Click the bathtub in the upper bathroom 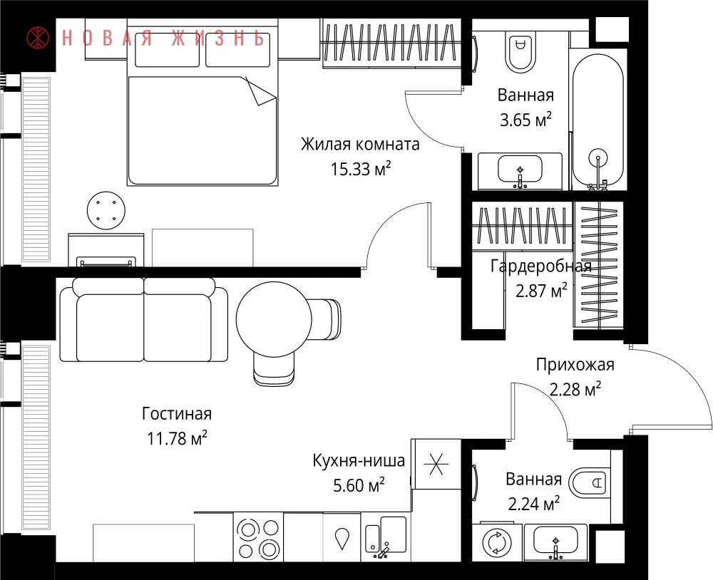click(x=597, y=122)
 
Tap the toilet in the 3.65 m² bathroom click(x=520, y=50)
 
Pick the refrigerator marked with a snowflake click(x=436, y=464)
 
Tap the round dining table click(x=274, y=319)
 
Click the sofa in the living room click(x=144, y=319)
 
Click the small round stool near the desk click(x=106, y=210)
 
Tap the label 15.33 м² click(x=361, y=169)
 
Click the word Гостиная click(x=177, y=414)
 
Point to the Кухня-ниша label click(x=359, y=460)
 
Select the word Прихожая click(x=575, y=365)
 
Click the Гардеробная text click(x=541, y=266)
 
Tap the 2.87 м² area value click(x=541, y=291)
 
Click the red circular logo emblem click(x=39, y=38)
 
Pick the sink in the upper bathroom click(x=520, y=171)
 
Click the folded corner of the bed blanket click(x=261, y=91)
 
